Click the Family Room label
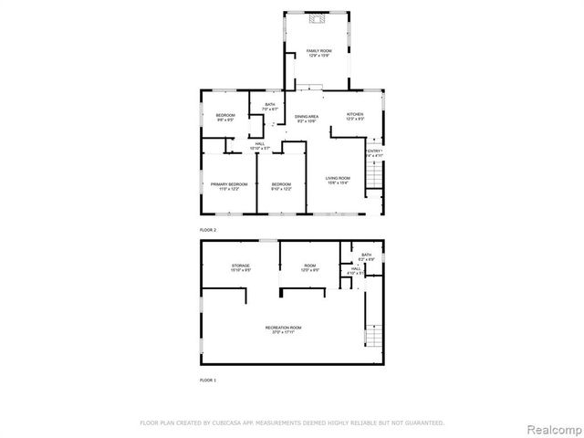coord(318,53)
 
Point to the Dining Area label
coord(306,119)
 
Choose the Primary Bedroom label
coord(229,186)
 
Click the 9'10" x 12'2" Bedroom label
coord(281,186)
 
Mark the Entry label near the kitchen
coord(374,152)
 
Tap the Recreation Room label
coord(283,329)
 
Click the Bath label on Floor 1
coord(366,256)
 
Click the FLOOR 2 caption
coord(209,229)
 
